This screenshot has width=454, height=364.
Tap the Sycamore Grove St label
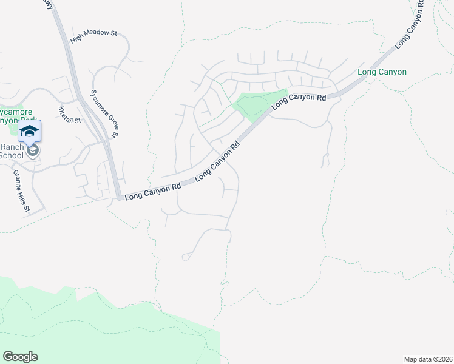(104, 113)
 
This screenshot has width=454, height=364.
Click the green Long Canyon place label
(382, 72)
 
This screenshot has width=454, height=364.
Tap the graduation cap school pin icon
(29, 131)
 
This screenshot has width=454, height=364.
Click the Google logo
(20, 357)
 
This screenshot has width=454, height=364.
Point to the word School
(11, 155)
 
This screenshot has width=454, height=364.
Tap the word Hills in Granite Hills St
(24, 197)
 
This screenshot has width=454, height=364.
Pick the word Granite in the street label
(18, 180)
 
